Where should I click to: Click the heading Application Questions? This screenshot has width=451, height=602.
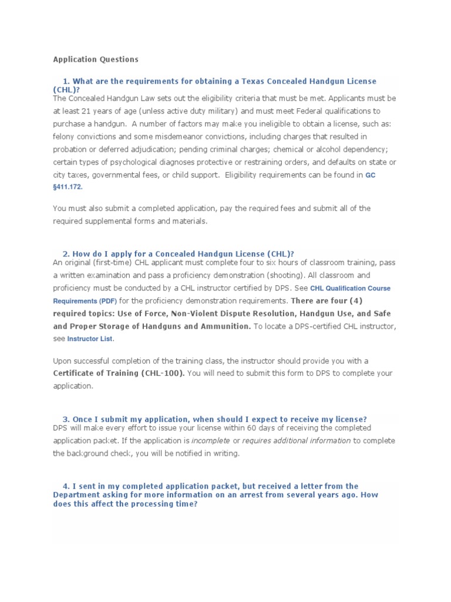click(x=96, y=59)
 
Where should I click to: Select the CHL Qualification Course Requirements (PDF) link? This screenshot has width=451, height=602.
click(x=350, y=288)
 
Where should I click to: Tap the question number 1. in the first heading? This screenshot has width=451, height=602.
click(x=66, y=81)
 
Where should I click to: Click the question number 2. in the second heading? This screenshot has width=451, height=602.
click(x=66, y=253)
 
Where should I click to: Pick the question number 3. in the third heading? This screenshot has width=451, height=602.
click(x=66, y=419)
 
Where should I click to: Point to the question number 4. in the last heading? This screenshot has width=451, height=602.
click(x=66, y=486)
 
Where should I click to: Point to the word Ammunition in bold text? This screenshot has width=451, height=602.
click(x=223, y=326)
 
